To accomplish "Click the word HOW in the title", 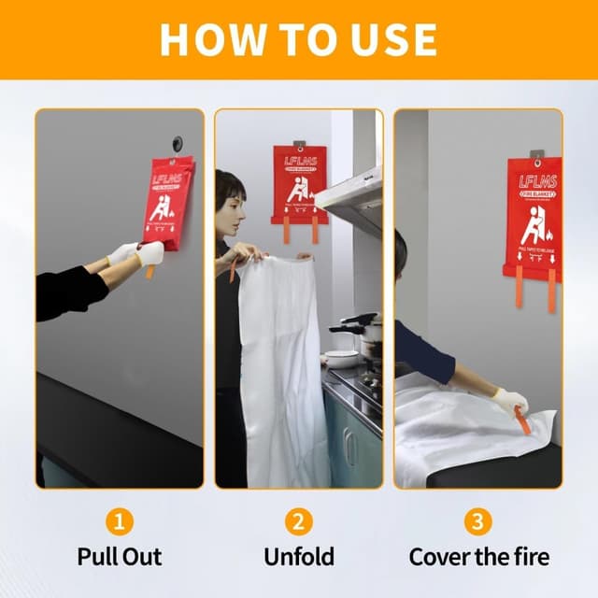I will (205, 38).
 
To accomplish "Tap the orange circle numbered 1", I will (119, 521).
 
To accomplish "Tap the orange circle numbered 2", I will (299, 521).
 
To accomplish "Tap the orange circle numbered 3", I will (478, 521).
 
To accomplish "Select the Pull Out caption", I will (119, 557).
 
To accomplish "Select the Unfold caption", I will (299, 557).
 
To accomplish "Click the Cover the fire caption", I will (478, 557).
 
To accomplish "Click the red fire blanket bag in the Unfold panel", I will (300, 182).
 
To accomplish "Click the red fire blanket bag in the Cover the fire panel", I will (534, 216).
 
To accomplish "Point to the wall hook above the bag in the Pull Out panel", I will (177, 144).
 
